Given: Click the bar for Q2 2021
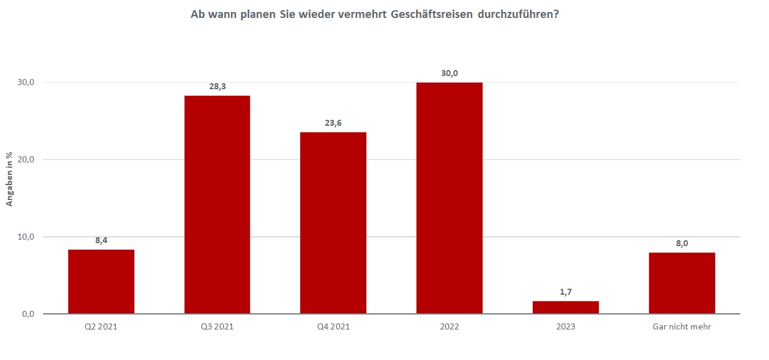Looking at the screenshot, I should (101, 282).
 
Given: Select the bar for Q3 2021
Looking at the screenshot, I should (217, 204).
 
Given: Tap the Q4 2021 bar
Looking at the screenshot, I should (333, 223).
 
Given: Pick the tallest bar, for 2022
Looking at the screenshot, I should (450, 198).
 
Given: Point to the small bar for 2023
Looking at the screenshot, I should (566, 307).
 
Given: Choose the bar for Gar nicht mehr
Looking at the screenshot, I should (682, 283).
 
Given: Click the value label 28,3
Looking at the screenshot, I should (217, 86).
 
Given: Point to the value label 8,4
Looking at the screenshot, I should (101, 240).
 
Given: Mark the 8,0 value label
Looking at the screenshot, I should (682, 243).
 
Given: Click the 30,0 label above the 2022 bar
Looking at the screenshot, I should (450, 72).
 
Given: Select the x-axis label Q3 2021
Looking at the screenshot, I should (217, 327).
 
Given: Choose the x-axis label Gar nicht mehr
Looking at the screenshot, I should (682, 327).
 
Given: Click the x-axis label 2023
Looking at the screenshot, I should (566, 327).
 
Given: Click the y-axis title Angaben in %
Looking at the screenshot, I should (10, 179).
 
